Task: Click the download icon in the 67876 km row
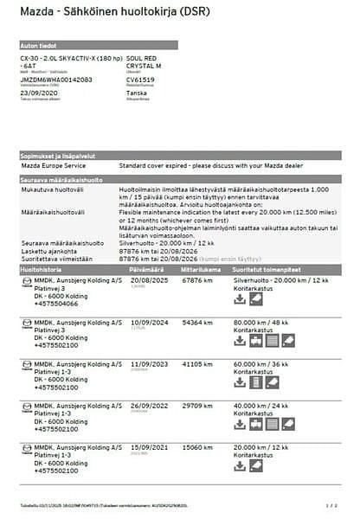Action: click(241, 298)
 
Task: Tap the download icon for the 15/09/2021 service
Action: click(241, 468)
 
